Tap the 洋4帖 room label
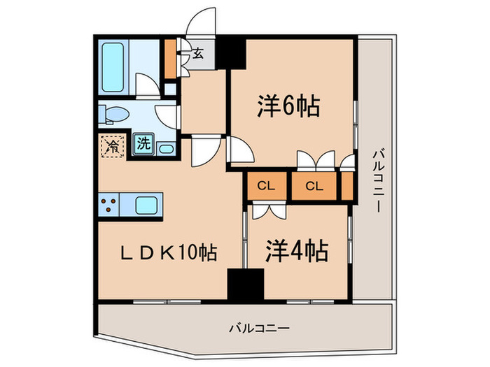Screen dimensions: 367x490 point(297,251)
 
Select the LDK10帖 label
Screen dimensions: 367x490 point(166,252)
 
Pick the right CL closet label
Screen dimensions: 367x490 point(313,186)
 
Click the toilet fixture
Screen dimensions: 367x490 point(112,115)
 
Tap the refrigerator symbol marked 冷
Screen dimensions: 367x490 point(112,145)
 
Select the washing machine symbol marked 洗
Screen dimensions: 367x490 point(143,145)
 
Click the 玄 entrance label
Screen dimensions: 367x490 point(198,54)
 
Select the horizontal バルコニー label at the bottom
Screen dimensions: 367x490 point(259,326)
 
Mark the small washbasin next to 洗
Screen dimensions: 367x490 point(166,147)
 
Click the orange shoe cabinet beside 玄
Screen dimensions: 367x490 point(170,60)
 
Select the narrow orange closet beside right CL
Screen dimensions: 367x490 point(347,186)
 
